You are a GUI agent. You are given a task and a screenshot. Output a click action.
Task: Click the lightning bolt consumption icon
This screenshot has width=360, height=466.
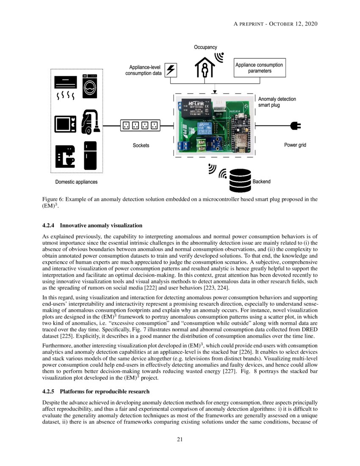[x=171, y=70]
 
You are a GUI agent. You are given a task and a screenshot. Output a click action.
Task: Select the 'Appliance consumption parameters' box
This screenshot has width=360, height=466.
[x=259, y=68]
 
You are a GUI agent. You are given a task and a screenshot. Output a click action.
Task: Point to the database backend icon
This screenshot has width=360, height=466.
[x=240, y=180]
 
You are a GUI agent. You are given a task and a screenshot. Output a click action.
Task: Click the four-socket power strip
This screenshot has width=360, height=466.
[x=141, y=125]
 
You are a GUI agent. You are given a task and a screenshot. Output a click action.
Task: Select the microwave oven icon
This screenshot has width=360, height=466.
[x=65, y=124]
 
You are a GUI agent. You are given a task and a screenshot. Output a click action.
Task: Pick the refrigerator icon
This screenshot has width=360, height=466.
[x=90, y=155]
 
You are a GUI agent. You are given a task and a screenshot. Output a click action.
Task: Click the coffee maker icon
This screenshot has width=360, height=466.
[x=65, y=156]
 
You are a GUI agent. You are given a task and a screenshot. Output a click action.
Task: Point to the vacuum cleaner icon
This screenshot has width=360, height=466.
[x=90, y=122]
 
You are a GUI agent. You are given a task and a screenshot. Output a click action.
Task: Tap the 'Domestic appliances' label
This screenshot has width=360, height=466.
[x=76, y=182]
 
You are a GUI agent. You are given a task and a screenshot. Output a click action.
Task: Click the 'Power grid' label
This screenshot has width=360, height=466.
[x=295, y=145]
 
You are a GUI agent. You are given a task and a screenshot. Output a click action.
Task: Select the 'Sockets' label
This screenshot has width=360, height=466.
[x=141, y=145]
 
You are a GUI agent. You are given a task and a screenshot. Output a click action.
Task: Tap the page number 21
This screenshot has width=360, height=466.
[x=180, y=439]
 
